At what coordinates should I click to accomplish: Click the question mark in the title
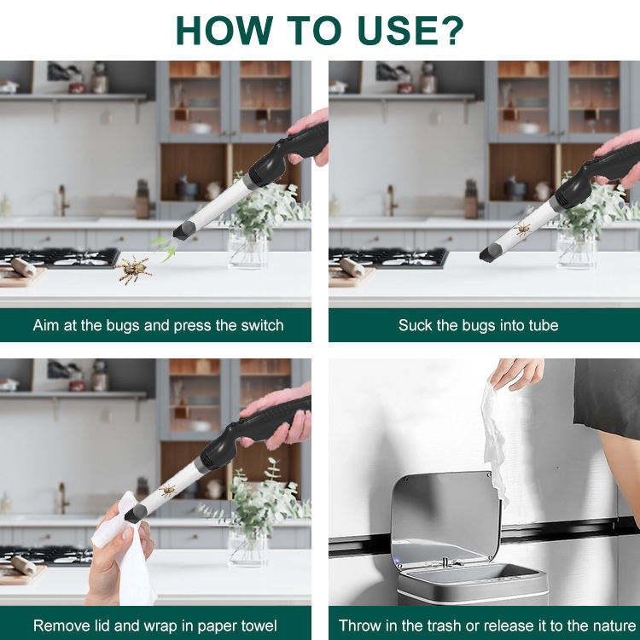pos(452,30)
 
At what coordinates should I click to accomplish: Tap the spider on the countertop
pos(132,269)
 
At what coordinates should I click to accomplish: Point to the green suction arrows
pos(163,248)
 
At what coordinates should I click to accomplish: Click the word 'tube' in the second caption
pos(544,325)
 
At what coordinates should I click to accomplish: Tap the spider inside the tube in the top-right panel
pos(522,230)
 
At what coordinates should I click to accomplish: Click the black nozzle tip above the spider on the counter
pos(184,230)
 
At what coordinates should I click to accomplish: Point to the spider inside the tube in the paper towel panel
pos(167,491)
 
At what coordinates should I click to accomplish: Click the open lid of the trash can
pos(445,516)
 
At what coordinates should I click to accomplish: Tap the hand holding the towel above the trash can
pos(517,373)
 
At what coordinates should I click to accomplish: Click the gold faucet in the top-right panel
pos(393,200)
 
